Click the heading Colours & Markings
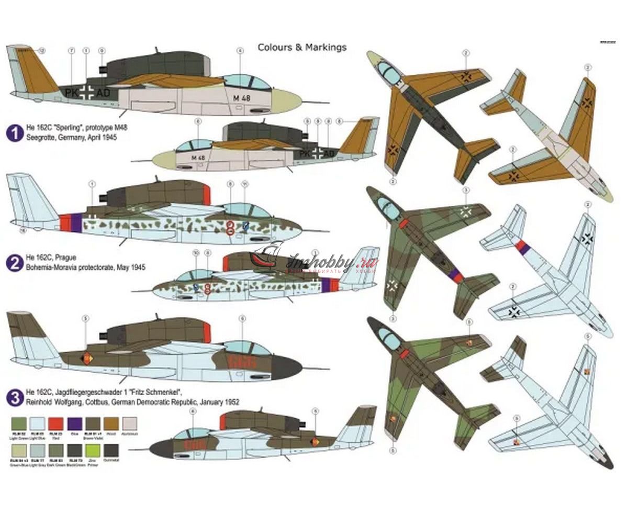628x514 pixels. tap(302, 48)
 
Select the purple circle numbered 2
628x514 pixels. tap(13, 262)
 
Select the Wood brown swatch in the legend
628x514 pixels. tap(110, 423)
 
